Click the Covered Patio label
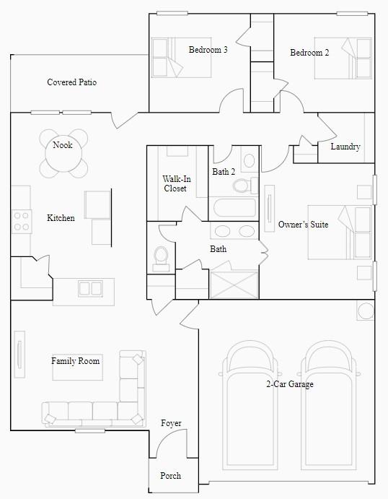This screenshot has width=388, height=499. pos(71,82)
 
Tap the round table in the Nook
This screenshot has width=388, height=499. pos(63,154)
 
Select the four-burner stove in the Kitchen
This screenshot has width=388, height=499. pos(22,220)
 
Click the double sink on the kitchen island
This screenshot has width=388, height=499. pos(90,288)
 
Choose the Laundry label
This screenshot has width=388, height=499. pos(345,147)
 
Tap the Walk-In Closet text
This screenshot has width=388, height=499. pos(175,183)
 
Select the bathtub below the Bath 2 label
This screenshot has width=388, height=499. pos(234,209)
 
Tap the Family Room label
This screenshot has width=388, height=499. pos(75,360)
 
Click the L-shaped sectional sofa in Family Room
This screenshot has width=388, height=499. pos(101,404)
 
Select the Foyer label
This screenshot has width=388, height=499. pos(171,423)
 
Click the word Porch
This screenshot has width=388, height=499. pos(170,476)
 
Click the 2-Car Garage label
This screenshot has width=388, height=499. pos(289,384)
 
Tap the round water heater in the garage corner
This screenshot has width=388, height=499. pos(366,311)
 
